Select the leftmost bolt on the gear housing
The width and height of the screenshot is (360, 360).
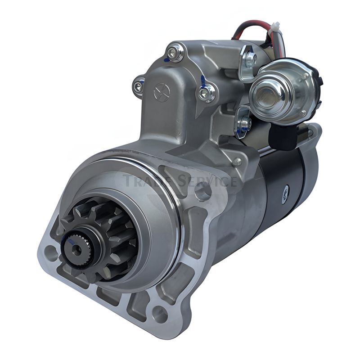[139, 86]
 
